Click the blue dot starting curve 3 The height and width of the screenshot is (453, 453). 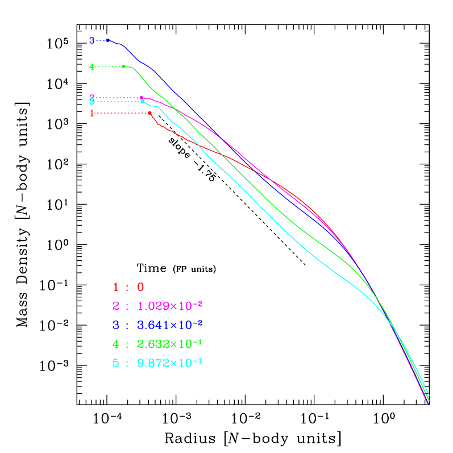pos(107,40)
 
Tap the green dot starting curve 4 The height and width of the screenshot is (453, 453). pos(123,67)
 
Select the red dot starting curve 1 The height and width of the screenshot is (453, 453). pos(149,113)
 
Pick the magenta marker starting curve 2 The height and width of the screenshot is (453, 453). pos(142,98)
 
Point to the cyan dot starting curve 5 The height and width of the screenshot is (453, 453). pos(143,101)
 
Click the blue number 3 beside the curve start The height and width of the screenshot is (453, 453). pos(92,41)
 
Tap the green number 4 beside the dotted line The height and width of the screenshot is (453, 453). pos(92,67)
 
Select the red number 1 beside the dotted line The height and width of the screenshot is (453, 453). pos(92,113)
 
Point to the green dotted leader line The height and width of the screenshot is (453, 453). pos(108,67)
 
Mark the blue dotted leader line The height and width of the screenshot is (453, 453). pos(100,40)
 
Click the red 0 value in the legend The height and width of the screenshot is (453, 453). pos(140,288)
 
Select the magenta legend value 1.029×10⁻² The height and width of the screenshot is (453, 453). pos(170,306)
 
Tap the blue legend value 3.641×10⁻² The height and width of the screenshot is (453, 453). pos(170,325)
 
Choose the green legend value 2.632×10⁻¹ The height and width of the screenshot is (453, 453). pos(170,344)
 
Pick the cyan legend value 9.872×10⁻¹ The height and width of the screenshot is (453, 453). pos(170,363)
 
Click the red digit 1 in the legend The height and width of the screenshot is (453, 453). pos(115,288)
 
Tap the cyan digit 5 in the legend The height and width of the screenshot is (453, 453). pos(115,363)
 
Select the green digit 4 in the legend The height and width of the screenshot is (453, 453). pos(115,344)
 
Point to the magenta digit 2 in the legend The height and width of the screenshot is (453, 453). pos(115,306)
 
